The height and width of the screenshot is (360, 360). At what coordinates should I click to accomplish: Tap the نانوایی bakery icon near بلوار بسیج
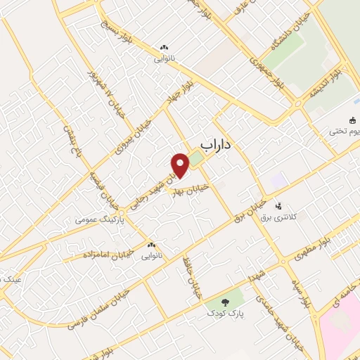(x=164, y=48)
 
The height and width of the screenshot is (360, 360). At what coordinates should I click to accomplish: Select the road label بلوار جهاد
(x=180, y=91)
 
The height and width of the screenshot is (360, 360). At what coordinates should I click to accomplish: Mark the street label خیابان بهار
(x=191, y=191)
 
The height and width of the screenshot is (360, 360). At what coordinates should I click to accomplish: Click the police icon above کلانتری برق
(x=279, y=207)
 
